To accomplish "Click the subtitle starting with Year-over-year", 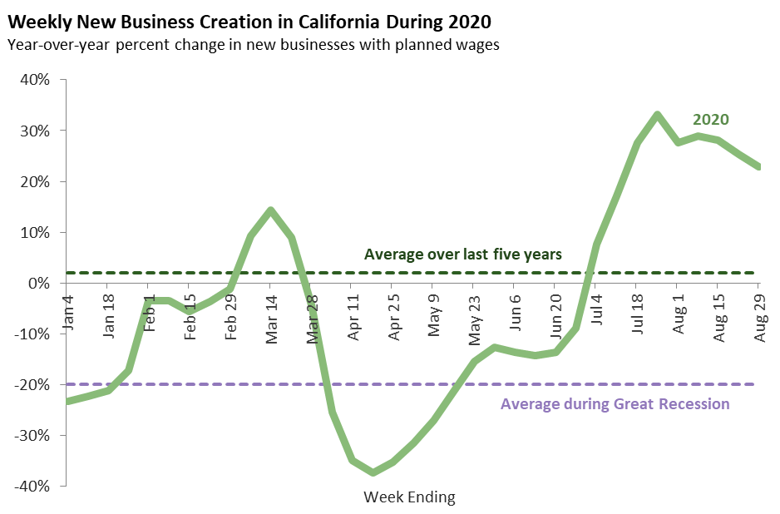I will pyautogui.click(x=253, y=45).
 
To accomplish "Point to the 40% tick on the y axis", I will pyautogui.click(x=34, y=80).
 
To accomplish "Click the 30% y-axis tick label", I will pyautogui.click(x=34, y=131).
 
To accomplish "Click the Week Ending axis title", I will pyautogui.click(x=410, y=497).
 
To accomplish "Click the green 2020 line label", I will pyautogui.click(x=711, y=119).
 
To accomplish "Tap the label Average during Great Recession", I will pyautogui.click(x=615, y=404).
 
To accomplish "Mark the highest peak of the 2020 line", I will pyautogui.click(x=657, y=115).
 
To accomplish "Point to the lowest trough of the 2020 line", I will pyautogui.click(x=373, y=472).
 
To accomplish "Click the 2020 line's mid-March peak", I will pyautogui.click(x=270, y=210).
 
